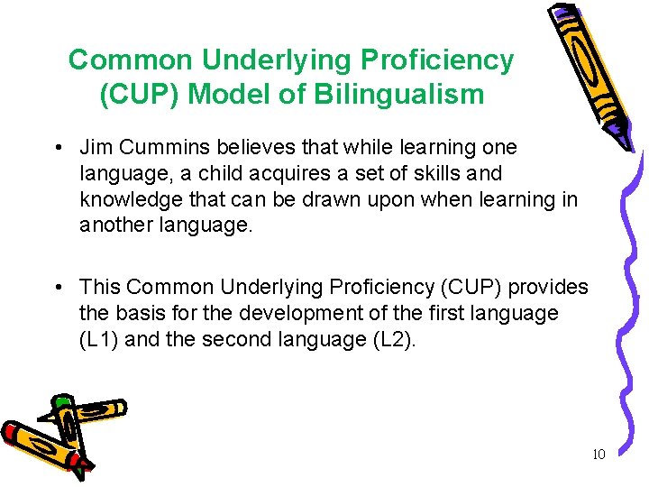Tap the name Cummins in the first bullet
(161, 147)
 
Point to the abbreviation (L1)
(102, 339)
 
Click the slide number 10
(599, 455)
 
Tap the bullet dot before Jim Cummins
(57, 148)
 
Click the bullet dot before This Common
(57, 289)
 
